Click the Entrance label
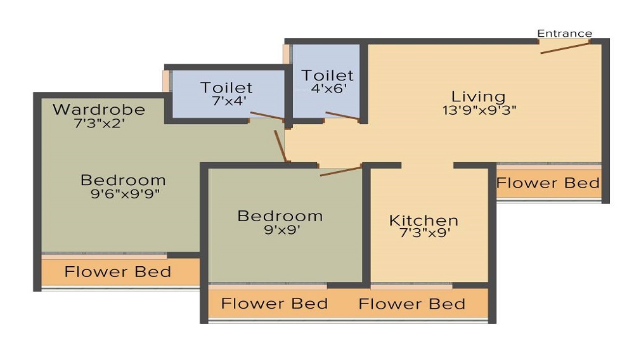pos(564,33)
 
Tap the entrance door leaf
pos(566,48)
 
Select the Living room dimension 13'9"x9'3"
pos(479,110)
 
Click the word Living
pos(478,96)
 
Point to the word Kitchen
pos(424,220)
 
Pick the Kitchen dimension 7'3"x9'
pos(425,233)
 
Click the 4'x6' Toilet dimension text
pos(328,89)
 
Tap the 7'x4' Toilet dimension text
pos(230,101)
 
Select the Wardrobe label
pos(99,110)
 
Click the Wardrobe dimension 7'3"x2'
pos(98,123)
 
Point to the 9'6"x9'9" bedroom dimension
pos(125,193)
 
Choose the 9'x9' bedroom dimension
pos(282,229)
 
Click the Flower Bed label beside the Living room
pos(548,183)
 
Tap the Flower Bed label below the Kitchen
pos(411,304)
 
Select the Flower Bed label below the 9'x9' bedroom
pos(274,303)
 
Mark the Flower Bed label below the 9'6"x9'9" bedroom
pos(118,271)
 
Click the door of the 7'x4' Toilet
pos(268,116)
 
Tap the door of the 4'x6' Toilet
pos(342,116)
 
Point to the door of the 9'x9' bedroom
pos(340,171)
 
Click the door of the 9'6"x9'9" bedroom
pos(280,146)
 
